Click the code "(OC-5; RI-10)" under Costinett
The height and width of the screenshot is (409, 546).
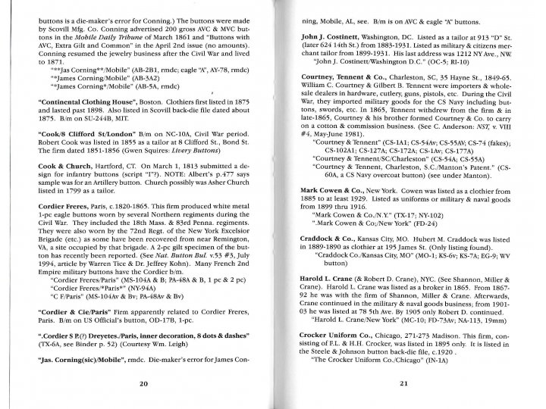(x=441, y=73)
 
